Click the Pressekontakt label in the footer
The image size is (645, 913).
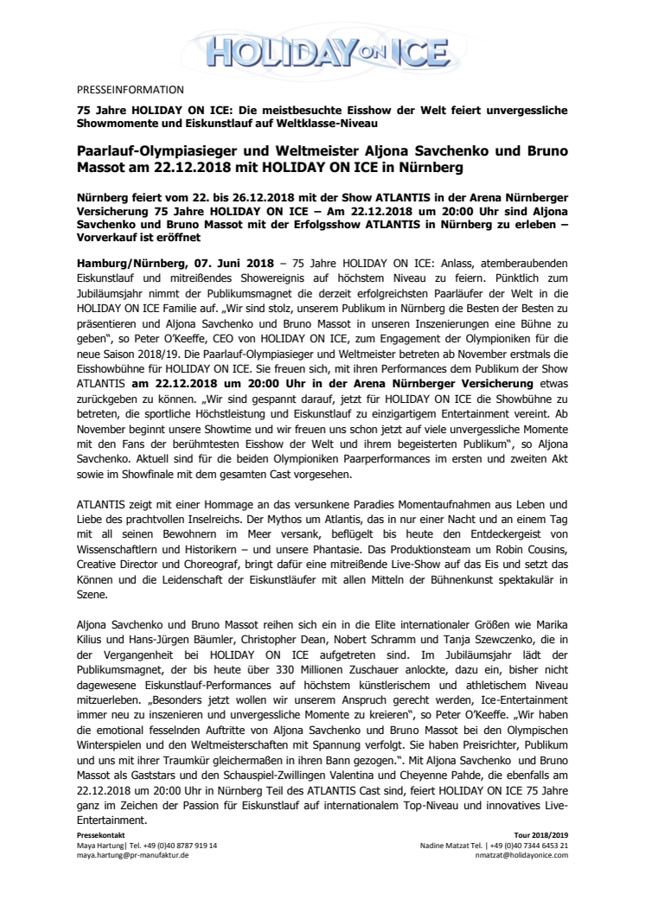click(101, 837)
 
